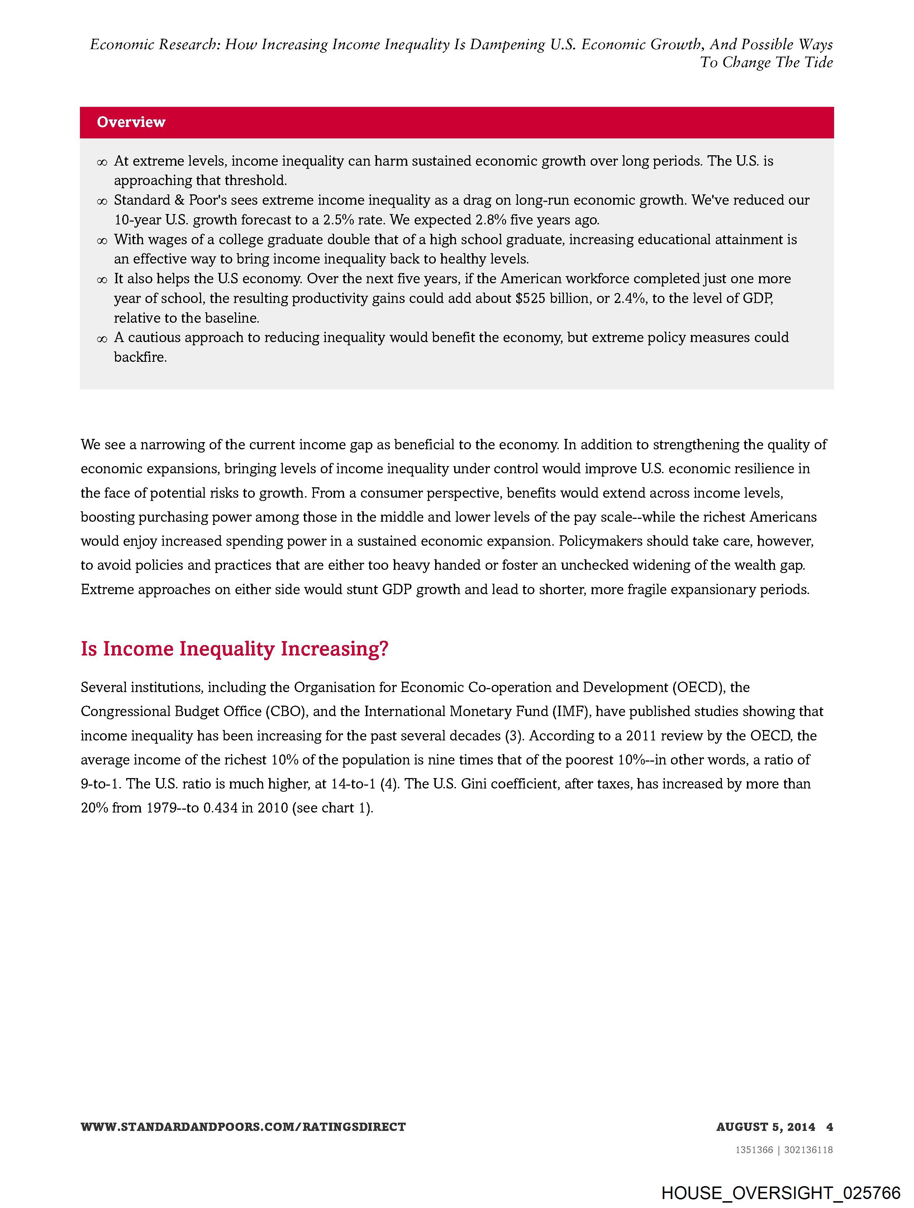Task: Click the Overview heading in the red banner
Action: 131,122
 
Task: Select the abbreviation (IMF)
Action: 571,712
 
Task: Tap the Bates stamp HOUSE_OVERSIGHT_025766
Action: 780,1192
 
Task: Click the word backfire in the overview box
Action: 140,358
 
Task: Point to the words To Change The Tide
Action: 767,62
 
